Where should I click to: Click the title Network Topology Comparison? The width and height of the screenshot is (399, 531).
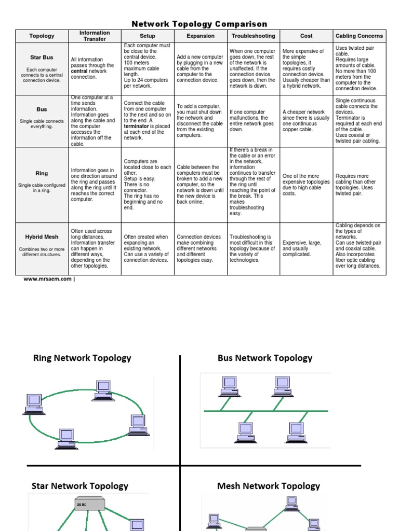pos(199,24)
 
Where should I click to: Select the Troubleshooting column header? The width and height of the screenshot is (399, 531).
pos(253,36)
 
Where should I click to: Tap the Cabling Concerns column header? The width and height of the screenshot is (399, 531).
pos(359,36)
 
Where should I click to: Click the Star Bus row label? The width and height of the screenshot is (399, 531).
pos(42,58)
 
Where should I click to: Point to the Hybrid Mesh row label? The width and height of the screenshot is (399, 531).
pos(42,237)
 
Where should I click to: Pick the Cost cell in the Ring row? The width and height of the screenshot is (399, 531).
pos(306,185)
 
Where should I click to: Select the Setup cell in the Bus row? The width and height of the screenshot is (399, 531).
pos(147,121)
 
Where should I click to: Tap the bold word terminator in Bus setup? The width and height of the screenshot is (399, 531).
pos(136,126)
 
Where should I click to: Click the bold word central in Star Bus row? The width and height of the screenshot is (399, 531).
pos(80,71)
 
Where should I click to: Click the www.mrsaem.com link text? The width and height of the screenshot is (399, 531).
pos(47,279)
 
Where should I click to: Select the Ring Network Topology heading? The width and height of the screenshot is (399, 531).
pos(82,358)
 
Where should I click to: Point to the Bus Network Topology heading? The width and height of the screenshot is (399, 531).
pos(265,358)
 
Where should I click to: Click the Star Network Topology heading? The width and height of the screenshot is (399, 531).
pos(80,486)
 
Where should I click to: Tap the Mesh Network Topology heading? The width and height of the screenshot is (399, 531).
pos(269,486)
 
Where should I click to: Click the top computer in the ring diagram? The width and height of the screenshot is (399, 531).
pos(103,387)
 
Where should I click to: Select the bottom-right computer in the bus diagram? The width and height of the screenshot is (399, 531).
pos(296,430)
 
